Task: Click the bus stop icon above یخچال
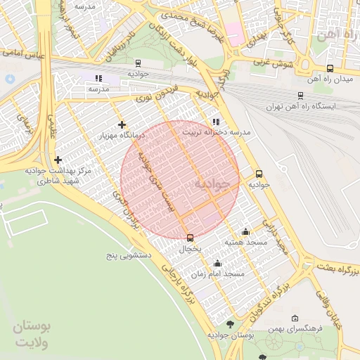click(x=190, y=238)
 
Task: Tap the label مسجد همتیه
click(x=245, y=242)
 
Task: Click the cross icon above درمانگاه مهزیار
click(x=122, y=124)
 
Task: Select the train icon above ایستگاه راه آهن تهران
click(x=301, y=96)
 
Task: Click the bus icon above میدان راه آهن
click(x=330, y=68)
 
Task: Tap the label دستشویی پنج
click(x=129, y=253)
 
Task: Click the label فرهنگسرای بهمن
click(x=295, y=328)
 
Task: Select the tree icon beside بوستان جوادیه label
click(x=231, y=324)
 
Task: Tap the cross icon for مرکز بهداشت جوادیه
click(x=58, y=160)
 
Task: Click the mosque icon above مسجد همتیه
click(x=245, y=232)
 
